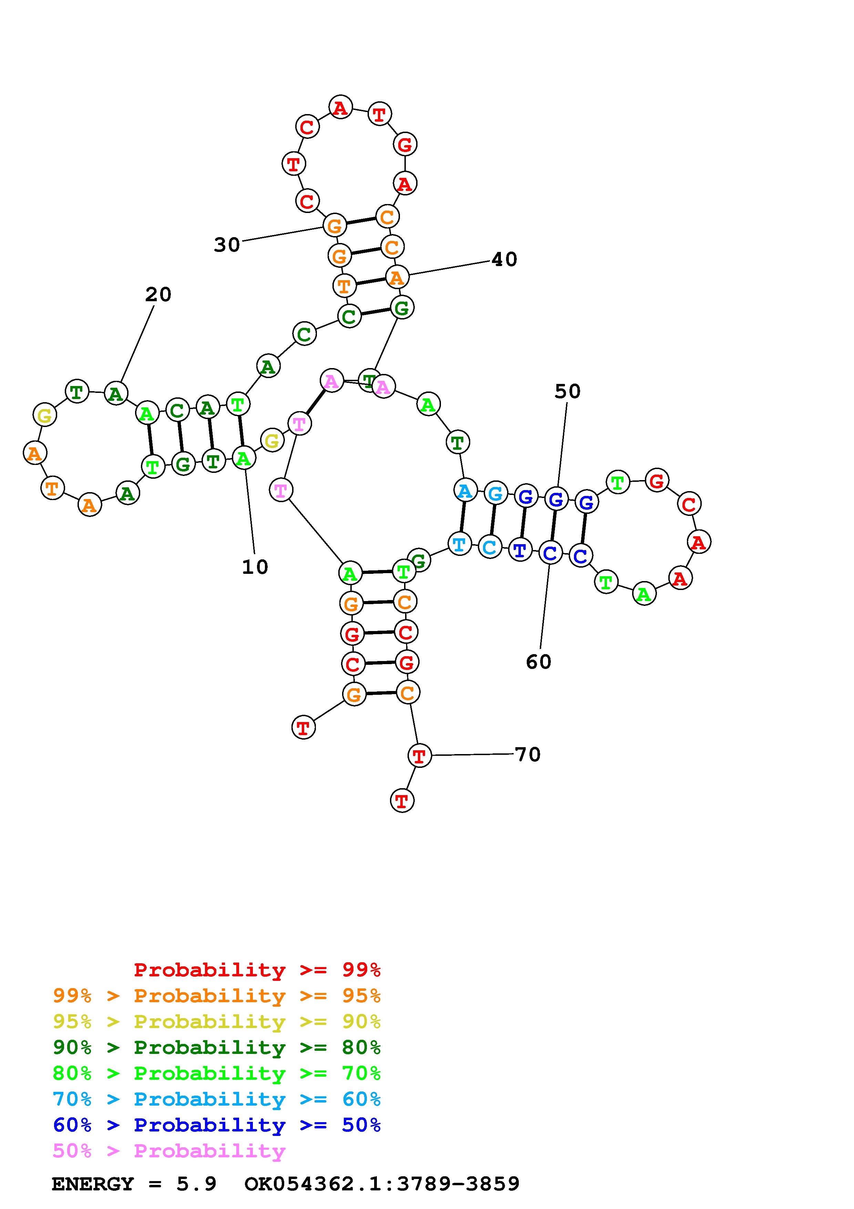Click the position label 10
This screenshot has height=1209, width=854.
click(255, 567)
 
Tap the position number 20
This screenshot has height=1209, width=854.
click(158, 295)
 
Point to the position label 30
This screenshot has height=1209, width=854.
click(227, 245)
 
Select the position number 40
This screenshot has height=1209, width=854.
click(504, 259)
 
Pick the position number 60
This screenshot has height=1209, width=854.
click(538, 662)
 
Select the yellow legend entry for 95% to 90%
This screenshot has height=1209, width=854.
click(217, 1022)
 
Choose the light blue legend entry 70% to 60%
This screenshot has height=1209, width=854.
click(217, 1099)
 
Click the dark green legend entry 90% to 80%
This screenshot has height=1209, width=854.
click(217, 1047)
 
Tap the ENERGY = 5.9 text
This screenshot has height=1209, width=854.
click(134, 1184)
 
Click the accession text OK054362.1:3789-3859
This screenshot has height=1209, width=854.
click(382, 1184)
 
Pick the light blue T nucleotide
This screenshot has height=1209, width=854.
click(459, 543)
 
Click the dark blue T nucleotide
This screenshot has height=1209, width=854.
click(520, 550)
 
